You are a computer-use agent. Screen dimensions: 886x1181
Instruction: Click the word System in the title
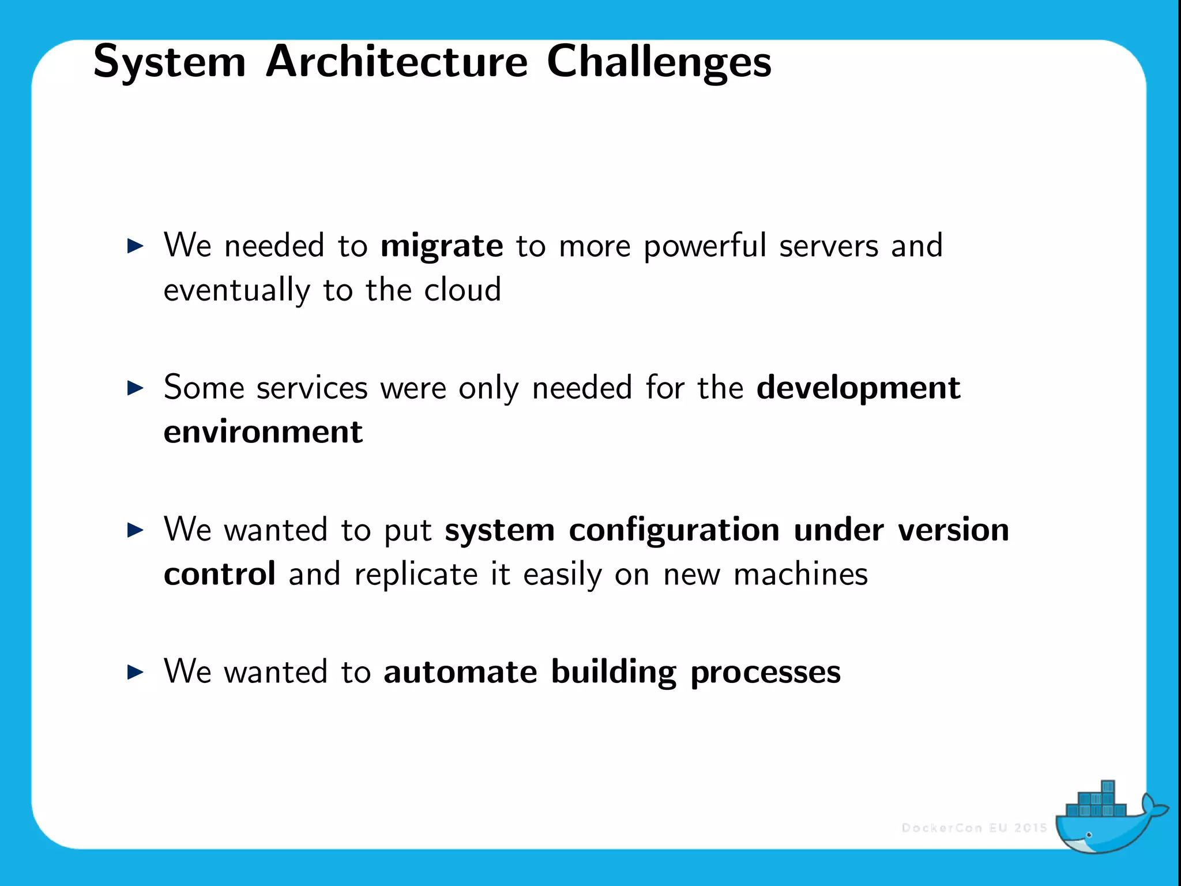click(x=169, y=62)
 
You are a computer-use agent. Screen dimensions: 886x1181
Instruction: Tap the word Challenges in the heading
click(x=659, y=62)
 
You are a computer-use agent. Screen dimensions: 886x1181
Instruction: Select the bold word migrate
click(x=442, y=246)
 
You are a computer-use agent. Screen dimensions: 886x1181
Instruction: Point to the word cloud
click(x=462, y=290)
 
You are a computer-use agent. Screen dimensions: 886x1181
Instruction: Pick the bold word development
click(x=858, y=388)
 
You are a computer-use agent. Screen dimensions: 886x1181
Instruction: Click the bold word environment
click(x=263, y=432)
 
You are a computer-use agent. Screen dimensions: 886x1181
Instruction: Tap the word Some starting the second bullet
click(x=204, y=387)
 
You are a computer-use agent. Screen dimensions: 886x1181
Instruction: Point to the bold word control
click(x=219, y=575)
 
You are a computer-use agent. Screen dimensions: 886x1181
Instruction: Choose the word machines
click(x=800, y=575)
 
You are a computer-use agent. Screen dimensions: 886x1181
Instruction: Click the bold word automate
click(x=460, y=672)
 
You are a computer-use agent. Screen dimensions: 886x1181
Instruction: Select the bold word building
click(x=613, y=673)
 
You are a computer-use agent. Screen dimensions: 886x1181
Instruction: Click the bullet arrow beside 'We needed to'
click(x=135, y=246)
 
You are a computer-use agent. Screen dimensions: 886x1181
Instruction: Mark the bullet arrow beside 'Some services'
click(x=135, y=388)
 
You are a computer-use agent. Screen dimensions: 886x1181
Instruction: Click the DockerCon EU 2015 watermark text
click(x=974, y=828)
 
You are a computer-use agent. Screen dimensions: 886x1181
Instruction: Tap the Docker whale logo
click(x=1107, y=820)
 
